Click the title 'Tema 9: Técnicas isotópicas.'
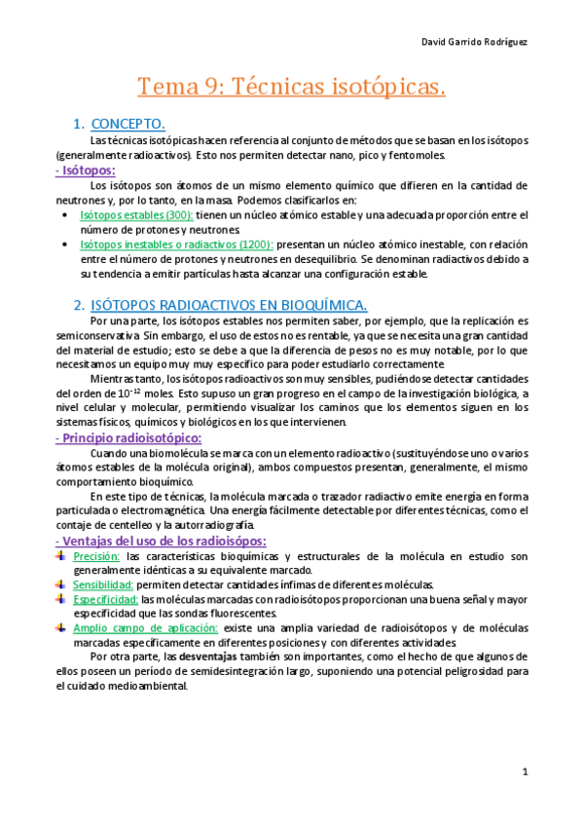tap(291, 87)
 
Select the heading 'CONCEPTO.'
tap(128, 124)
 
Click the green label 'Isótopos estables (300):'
tap(136, 214)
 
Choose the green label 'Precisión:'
tap(96, 555)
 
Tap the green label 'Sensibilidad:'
tap(103, 584)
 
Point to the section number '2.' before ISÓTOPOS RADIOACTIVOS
tap(81, 305)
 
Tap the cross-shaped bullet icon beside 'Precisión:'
tap(61, 555)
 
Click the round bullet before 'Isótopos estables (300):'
tap(63, 214)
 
